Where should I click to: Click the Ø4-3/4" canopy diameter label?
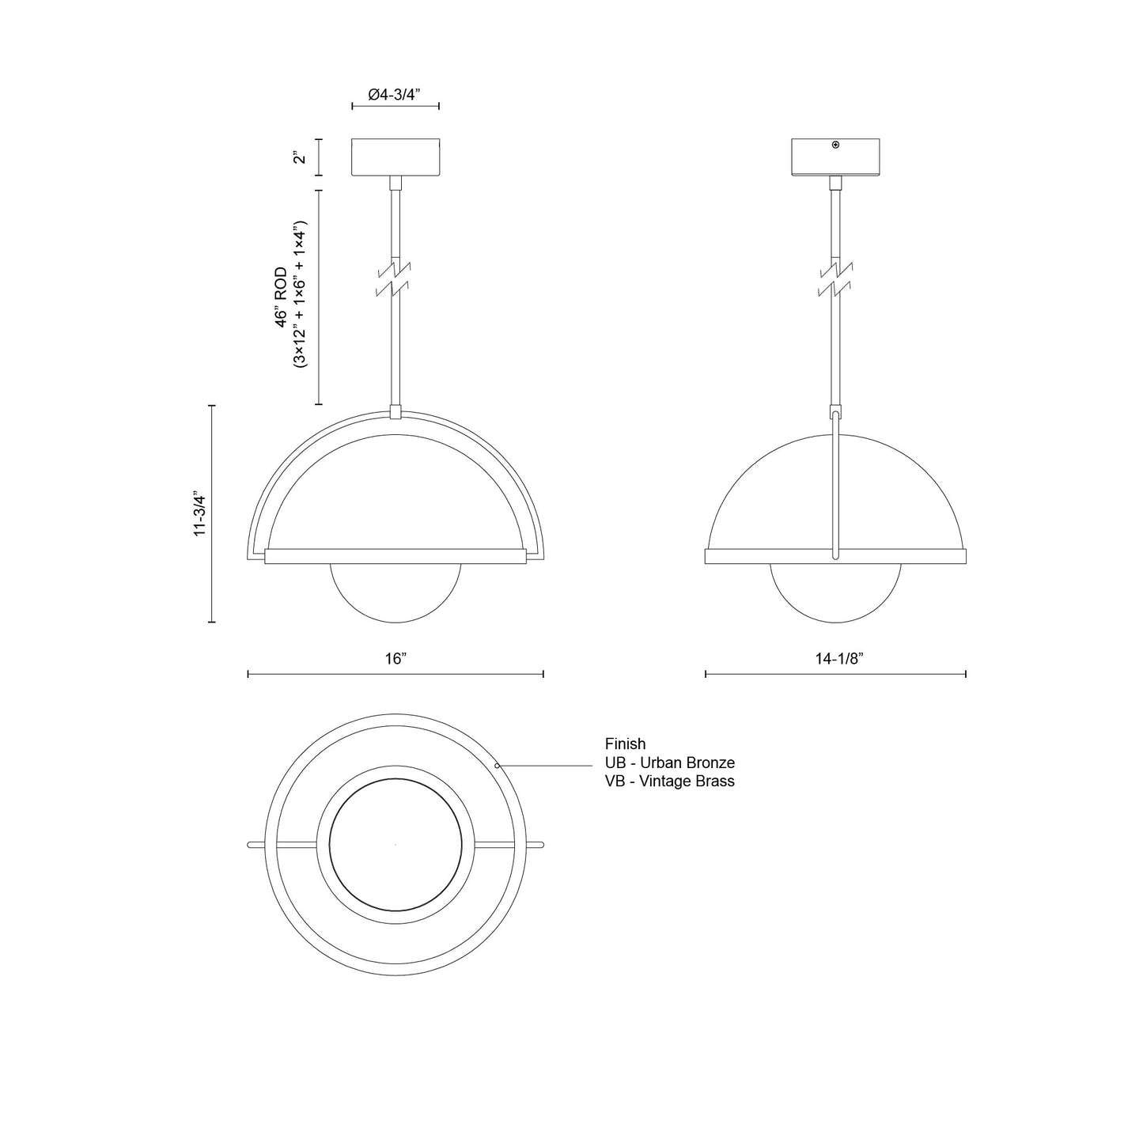tap(394, 94)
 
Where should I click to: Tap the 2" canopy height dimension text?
tap(299, 157)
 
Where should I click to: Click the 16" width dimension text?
tap(396, 659)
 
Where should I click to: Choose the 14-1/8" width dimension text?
tap(835, 659)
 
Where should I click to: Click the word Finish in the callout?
tap(625, 744)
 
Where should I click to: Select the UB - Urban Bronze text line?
tap(669, 763)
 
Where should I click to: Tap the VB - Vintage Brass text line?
tap(669, 782)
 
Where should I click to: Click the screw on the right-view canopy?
tap(835, 145)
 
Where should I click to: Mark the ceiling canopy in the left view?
tap(396, 157)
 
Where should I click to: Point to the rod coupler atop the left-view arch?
tap(396, 412)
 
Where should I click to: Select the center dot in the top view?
tap(396, 845)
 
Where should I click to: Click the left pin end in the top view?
tap(251, 845)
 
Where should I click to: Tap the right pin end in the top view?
tap(540, 845)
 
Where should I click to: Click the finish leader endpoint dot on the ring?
tap(497, 766)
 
